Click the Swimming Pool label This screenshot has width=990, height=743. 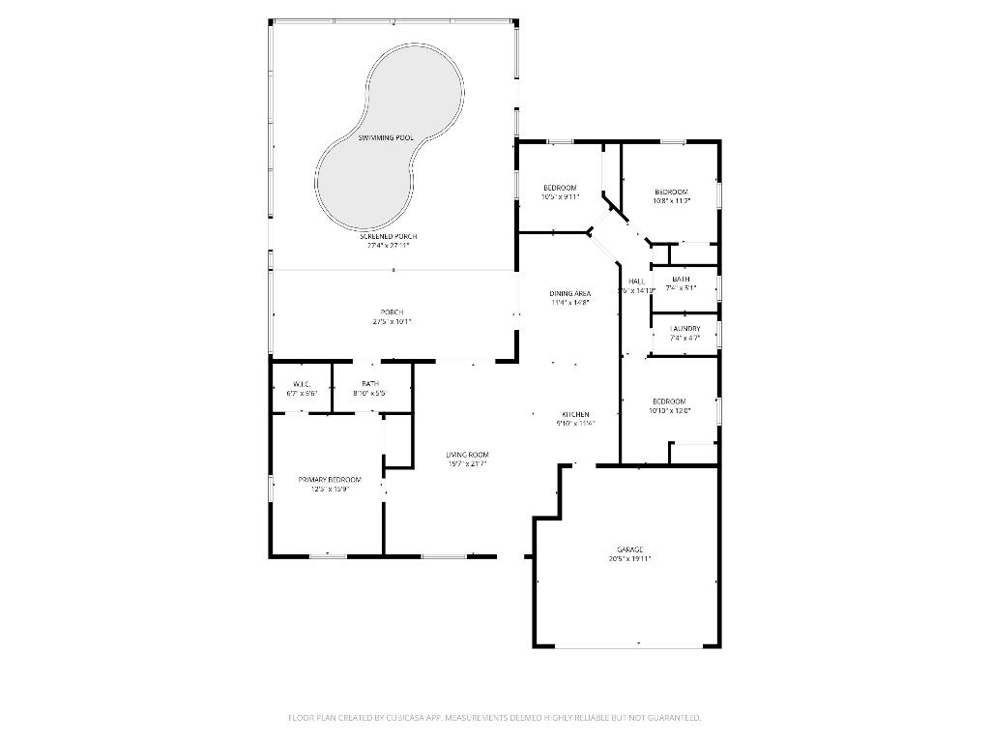point(386,138)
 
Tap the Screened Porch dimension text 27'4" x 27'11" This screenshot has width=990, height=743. point(388,245)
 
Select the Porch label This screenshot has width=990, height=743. point(392,312)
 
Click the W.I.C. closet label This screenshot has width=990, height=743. point(301,384)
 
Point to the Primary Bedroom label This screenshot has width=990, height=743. point(330,480)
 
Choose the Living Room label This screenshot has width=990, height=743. point(467,455)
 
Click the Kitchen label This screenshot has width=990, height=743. point(575,414)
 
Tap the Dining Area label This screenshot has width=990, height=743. point(569,293)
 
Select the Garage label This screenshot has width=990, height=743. point(630,550)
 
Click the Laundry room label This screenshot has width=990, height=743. point(685,329)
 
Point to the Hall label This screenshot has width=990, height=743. point(636,282)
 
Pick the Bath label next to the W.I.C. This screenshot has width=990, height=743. point(370,384)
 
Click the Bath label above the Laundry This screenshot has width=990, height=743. point(681,279)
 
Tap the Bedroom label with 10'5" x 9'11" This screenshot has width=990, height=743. point(560,187)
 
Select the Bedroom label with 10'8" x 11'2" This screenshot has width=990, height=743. point(671,191)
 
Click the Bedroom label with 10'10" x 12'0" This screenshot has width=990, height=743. point(669,401)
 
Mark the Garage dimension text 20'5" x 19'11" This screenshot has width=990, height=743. point(630,558)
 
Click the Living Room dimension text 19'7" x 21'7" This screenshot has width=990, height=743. point(467,463)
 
